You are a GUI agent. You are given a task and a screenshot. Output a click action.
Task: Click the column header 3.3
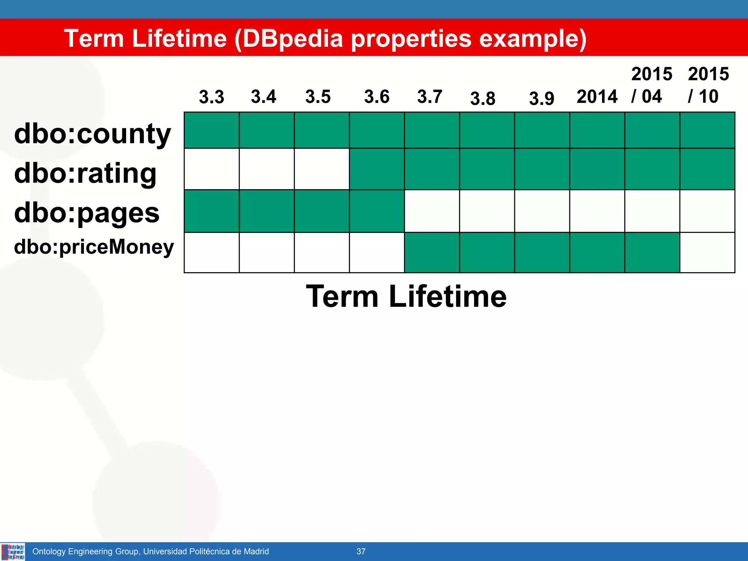coord(211,97)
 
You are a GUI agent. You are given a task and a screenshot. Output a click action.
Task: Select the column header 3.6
coord(377,97)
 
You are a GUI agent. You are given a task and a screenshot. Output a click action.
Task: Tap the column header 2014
coord(597,97)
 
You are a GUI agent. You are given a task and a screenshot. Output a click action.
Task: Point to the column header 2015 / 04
coord(651,85)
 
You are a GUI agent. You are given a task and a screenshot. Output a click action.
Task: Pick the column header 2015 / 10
coord(708,85)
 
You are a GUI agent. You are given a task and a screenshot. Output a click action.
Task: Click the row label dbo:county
coord(92,134)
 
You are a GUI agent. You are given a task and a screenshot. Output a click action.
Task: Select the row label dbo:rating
coord(85,173)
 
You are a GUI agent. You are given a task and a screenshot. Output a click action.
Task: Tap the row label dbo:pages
coord(87,213)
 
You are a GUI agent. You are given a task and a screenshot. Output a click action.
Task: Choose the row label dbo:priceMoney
coord(94,247)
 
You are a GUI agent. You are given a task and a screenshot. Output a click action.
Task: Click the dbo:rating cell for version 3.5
coord(322,169)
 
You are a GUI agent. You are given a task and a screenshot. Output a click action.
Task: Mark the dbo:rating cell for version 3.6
coord(377,169)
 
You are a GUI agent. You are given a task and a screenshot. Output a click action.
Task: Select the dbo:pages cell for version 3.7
coord(432,211)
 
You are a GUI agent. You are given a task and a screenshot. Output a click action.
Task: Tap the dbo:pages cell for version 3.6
coord(377,211)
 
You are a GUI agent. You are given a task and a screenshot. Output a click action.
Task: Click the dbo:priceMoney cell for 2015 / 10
coord(707,252)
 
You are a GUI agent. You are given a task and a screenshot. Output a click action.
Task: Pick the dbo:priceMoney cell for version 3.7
coord(432,252)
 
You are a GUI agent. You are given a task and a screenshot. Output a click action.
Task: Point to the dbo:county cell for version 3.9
coord(542,130)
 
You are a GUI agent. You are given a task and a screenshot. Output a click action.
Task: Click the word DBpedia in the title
coord(293,38)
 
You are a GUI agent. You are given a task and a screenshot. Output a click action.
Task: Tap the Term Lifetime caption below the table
coord(406,296)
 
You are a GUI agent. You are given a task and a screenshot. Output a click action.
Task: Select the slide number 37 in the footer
coord(361,552)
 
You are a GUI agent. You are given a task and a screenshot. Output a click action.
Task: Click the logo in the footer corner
coord(13,552)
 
